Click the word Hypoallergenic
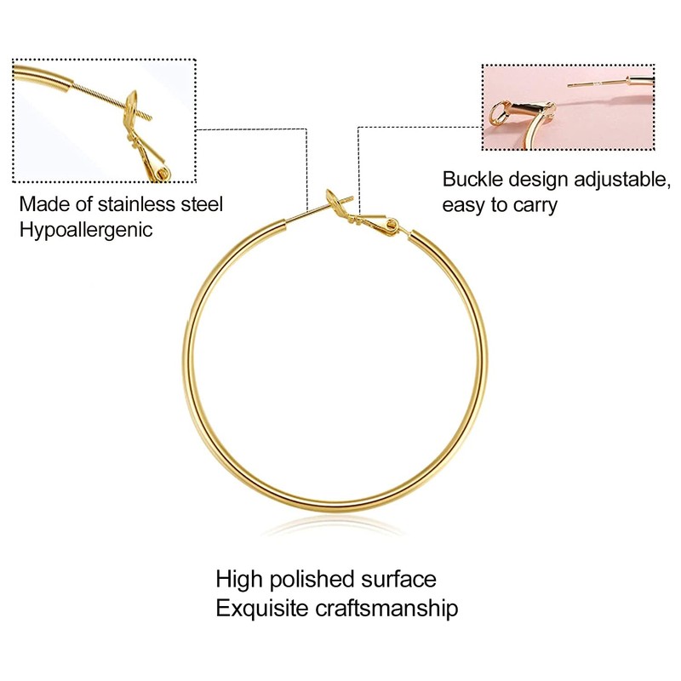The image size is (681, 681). click(86, 230)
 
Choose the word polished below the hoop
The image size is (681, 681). click(307, 580)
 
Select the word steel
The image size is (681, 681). click(201, 204)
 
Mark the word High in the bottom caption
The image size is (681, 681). click(239, 580)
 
